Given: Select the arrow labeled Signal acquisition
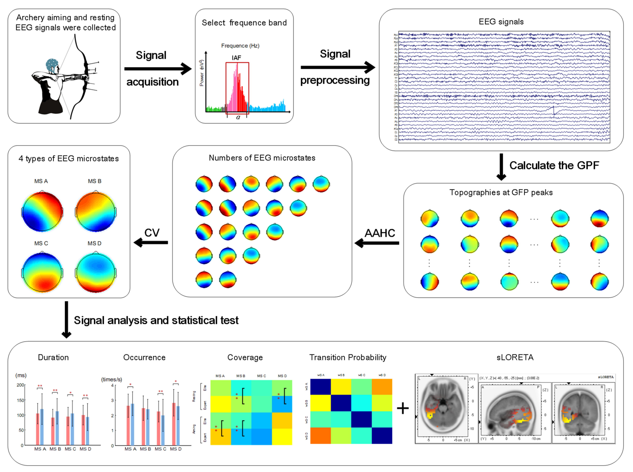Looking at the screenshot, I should coord(157,69).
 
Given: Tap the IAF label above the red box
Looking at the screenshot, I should coord(236,58).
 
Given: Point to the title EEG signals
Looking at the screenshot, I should coord(501,22).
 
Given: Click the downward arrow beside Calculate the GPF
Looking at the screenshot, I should coord(501,167).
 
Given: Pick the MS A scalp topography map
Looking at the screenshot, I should coord(42,211).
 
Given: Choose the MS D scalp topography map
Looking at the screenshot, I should coord(95,272).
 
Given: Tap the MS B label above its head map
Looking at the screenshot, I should coord(95,181).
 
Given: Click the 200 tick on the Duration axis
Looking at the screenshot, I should coord(20,385).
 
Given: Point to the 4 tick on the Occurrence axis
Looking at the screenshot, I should coord(112,385).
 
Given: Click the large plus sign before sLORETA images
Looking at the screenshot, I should coord(403,408).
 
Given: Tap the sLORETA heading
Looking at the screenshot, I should coord(515,358).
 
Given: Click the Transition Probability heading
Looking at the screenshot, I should coord(348,358).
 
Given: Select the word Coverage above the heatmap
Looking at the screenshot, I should coord(245,358).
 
